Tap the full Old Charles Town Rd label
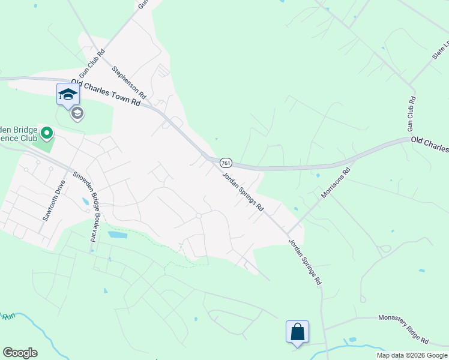(x=106, y=92)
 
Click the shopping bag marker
(x=298, y=332)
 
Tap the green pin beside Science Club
(x=46, y=133)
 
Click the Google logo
(x=20, y=353)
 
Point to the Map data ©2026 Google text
(x=412, y=355)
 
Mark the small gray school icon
(x=76, y=113)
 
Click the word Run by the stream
(x=7, y=316)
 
